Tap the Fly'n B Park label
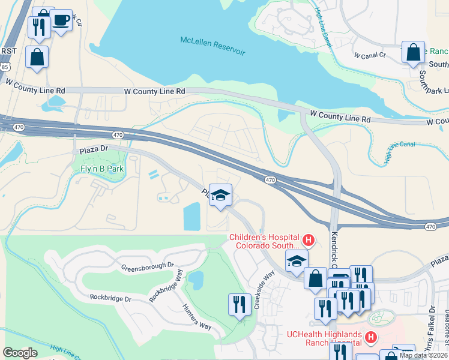point(102,169)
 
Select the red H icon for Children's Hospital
point(309,241)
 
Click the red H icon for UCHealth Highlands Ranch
point(370,338)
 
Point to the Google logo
point(20,353)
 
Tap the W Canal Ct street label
point(370,55)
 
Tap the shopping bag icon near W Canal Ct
point(413,52)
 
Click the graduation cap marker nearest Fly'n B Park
point(220,196)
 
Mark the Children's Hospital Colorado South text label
point(264,241)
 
